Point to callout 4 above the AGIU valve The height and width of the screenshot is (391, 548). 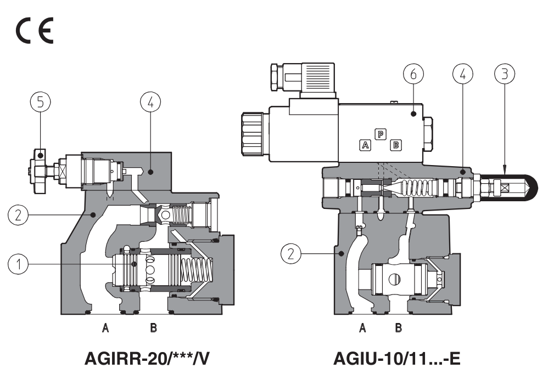(463, 73)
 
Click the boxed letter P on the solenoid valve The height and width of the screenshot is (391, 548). (380, 133)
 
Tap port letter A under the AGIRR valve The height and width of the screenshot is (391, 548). (106, 328)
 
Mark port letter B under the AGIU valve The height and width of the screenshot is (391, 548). (399, 328)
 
